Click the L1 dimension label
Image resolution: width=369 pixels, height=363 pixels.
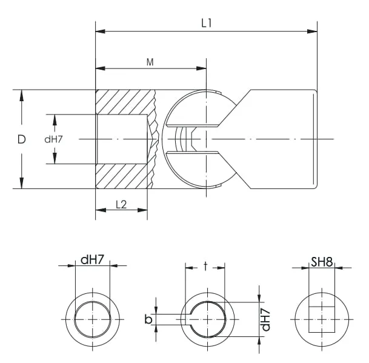206,23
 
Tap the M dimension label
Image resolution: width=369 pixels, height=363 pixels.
150,62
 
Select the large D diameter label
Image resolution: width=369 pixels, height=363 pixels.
21,139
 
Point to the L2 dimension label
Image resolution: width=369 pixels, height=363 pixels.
121,205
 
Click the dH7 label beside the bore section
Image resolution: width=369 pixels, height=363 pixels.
53,139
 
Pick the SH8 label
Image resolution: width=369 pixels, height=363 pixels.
322,262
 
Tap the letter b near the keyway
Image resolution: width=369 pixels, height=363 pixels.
148,319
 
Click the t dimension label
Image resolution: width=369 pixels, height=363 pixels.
205,266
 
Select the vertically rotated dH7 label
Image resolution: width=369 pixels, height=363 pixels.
265,319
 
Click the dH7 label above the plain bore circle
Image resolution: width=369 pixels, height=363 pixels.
92,260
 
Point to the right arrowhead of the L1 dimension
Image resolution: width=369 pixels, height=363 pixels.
312,31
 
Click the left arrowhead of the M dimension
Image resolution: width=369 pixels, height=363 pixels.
100,68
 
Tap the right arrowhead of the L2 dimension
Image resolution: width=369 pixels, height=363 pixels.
142,210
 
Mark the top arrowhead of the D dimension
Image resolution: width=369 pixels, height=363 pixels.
22,95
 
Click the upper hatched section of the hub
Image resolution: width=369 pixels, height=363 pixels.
125,102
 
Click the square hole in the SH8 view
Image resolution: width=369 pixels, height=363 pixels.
322,319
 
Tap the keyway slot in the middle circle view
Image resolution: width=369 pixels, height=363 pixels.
188,319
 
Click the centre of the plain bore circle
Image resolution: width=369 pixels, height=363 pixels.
93,319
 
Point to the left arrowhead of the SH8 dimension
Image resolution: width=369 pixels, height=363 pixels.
304,268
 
